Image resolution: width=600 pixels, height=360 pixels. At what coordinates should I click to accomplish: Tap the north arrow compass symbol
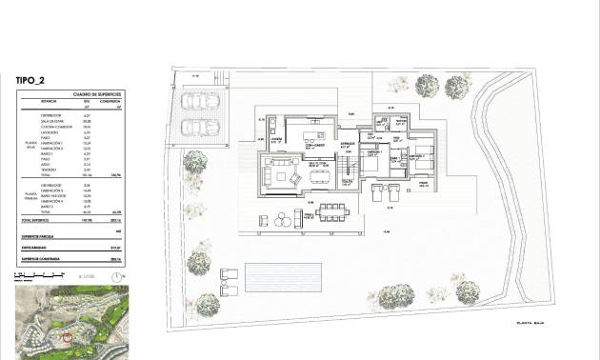(117, 276)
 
